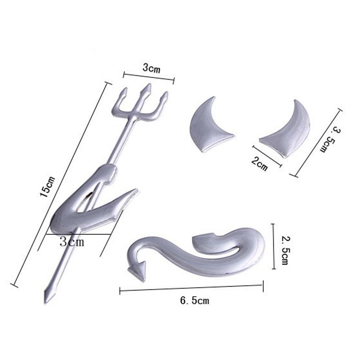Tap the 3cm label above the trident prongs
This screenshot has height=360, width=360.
(151, 68)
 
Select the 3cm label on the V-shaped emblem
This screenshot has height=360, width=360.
(72, 242)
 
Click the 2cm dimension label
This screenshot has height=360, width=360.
(259, 164)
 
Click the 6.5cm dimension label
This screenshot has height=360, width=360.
(194, 301)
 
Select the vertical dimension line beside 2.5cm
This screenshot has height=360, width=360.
(273, 246)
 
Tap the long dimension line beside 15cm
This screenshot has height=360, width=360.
(60, 184)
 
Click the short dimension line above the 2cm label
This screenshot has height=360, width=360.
(267, 156)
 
